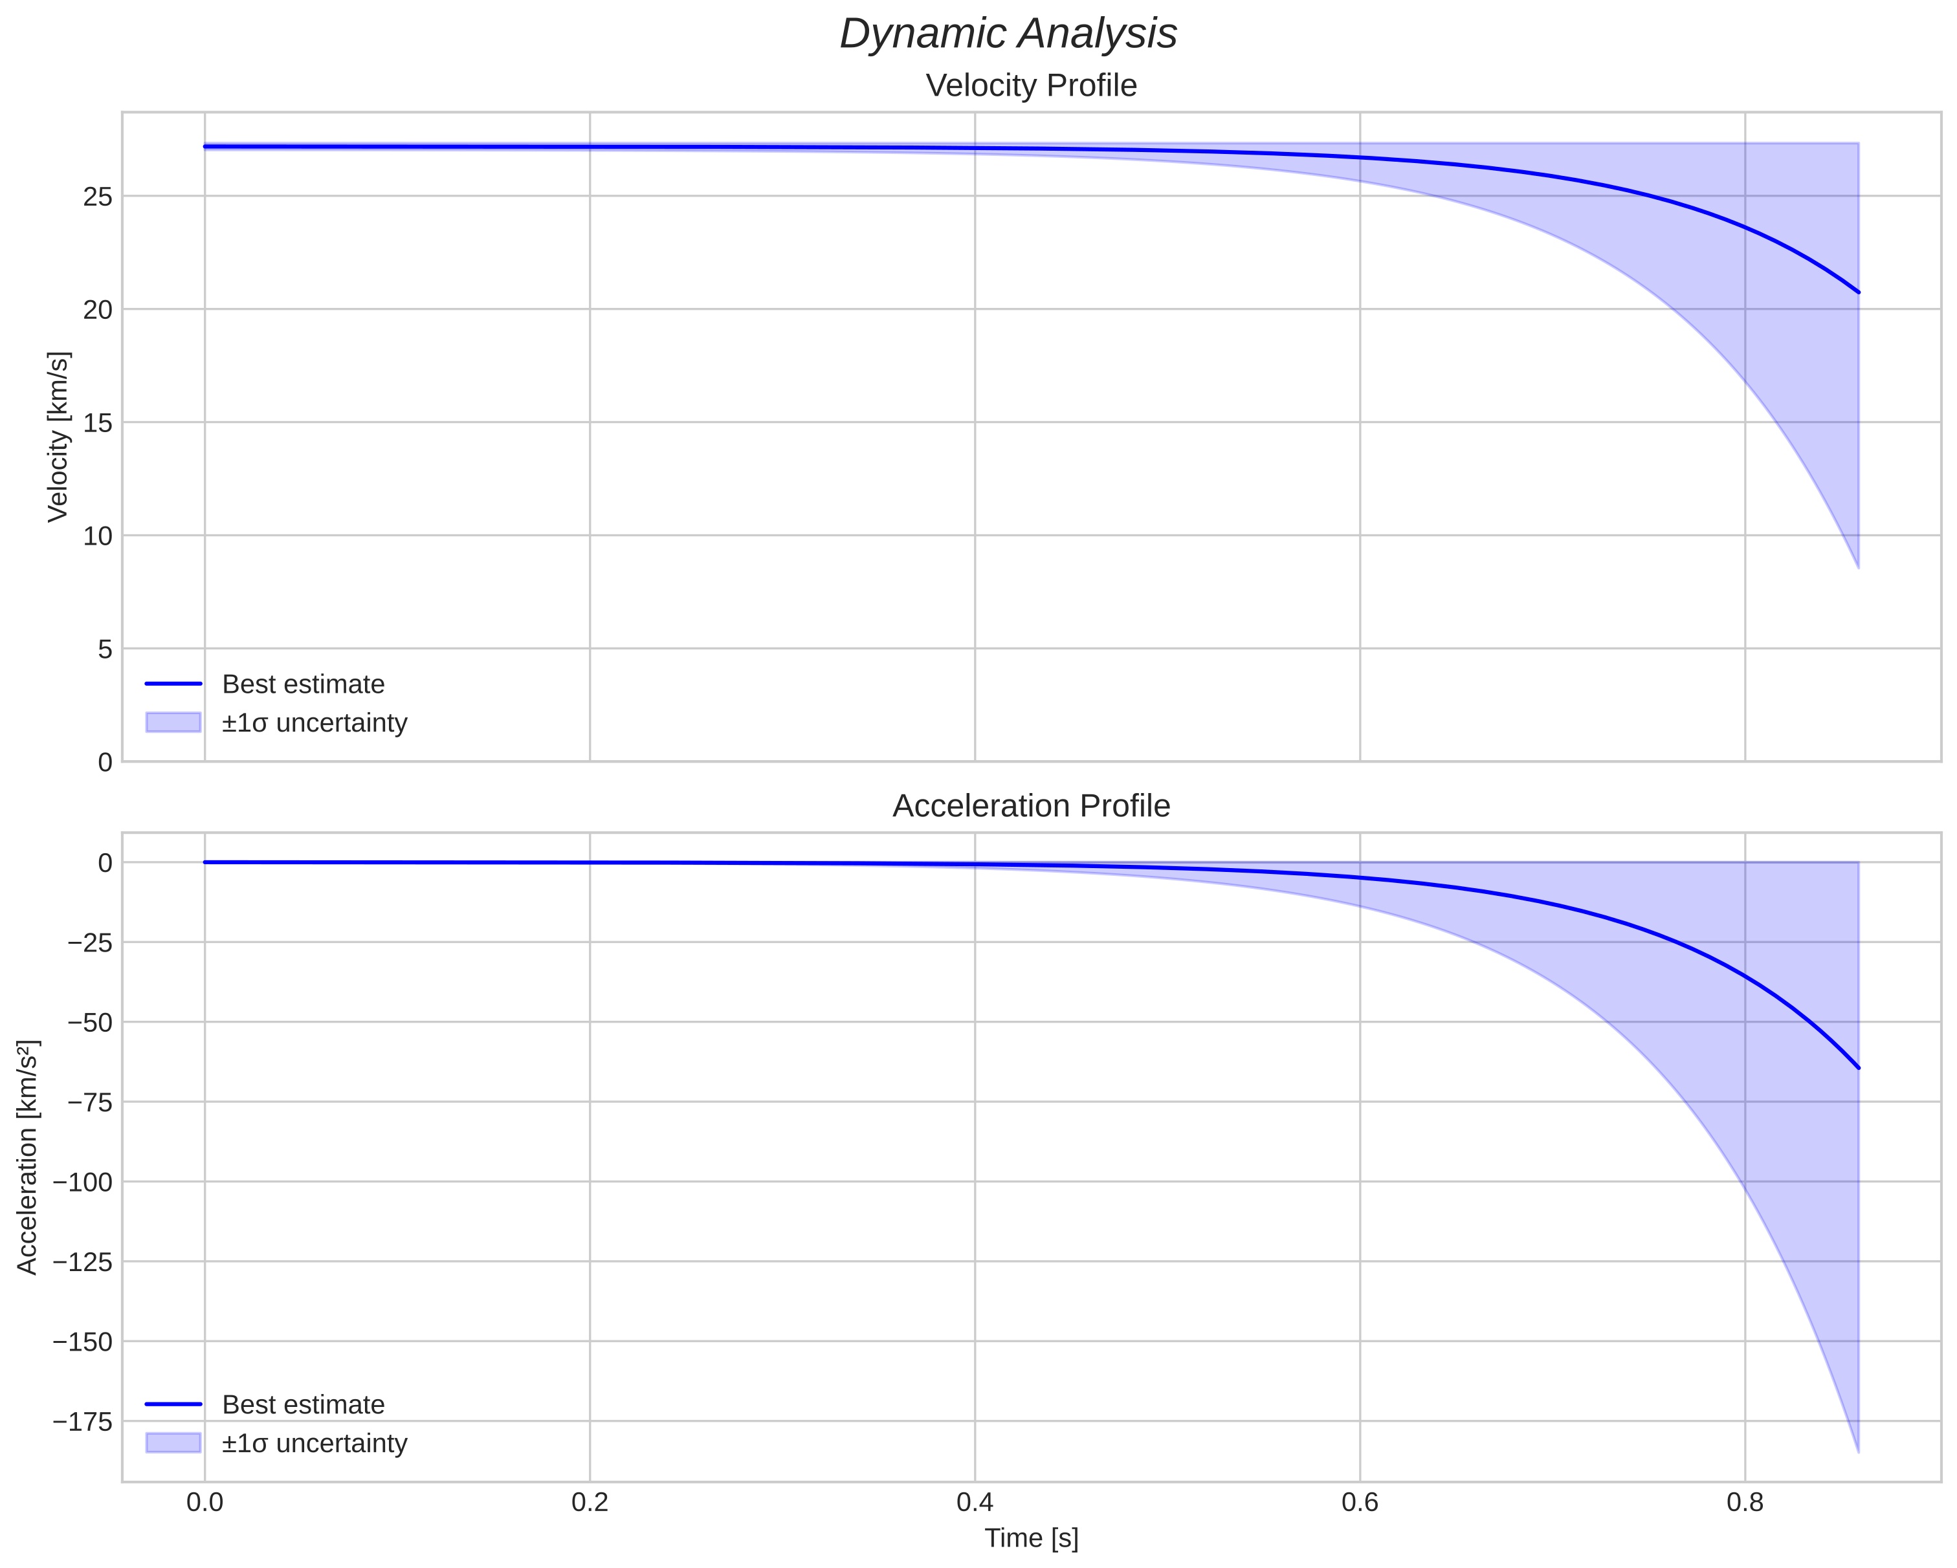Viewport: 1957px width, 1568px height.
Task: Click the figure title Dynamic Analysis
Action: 1008,34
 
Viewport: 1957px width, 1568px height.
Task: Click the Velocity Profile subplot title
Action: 1031,86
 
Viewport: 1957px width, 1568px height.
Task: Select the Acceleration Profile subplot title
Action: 1031,806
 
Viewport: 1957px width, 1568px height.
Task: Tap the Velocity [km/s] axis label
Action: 58,437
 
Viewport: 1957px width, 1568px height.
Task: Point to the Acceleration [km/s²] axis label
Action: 27,1157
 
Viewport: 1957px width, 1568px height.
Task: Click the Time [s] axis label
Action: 1031,1537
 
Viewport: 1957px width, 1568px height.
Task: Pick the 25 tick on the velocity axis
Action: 98,197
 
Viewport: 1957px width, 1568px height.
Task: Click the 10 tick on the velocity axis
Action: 98,536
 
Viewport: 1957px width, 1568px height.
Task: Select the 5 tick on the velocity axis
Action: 105,649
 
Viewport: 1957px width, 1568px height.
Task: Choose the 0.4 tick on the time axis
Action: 975,1503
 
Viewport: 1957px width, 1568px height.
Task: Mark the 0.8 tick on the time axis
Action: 1745,1503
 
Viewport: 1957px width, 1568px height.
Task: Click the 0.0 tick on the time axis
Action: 205,1503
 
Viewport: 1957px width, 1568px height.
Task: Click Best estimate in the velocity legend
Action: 303,684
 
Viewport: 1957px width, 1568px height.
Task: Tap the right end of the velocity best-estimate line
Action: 1858,292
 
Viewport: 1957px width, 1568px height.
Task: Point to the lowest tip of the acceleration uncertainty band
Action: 1858,1452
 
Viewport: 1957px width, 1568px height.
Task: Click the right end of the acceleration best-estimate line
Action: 1858,1068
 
